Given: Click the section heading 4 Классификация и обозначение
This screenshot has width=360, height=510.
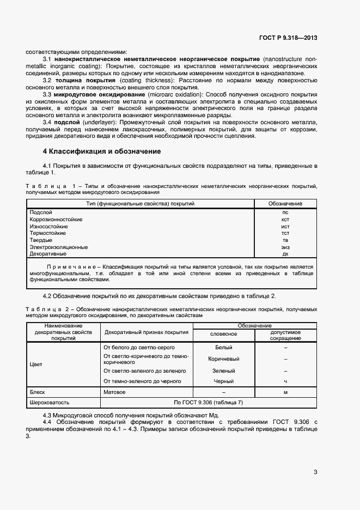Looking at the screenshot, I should pyautogui.click(x=101, y=151).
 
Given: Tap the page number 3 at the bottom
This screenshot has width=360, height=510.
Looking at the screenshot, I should pyautogui.click(x=315, y=472).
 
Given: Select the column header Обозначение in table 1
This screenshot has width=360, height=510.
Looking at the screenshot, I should pyautogui.click(x=285, y=204).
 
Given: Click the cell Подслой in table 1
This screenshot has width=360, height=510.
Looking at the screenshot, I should pyautogui.click(x=41, y=212).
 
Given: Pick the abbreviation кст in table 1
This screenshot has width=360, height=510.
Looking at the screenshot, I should pyautogui.click(x=285, y=219).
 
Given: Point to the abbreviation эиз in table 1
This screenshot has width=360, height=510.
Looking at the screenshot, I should pyautogui.click(x=285, y=247).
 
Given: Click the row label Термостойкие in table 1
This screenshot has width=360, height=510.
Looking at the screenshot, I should pyautogui.click(x=48, y=233).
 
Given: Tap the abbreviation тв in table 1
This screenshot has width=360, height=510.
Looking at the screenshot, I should pyautogui.click(x=285, y=240).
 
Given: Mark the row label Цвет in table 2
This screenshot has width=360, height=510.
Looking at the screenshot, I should pyautogui.click(x=36, y=364).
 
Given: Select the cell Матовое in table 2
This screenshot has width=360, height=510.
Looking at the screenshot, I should pyautogui.click(x=114, y=392).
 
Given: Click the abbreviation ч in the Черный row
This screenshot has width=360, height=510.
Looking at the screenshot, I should pyautogui.click(x=285, y=381).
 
